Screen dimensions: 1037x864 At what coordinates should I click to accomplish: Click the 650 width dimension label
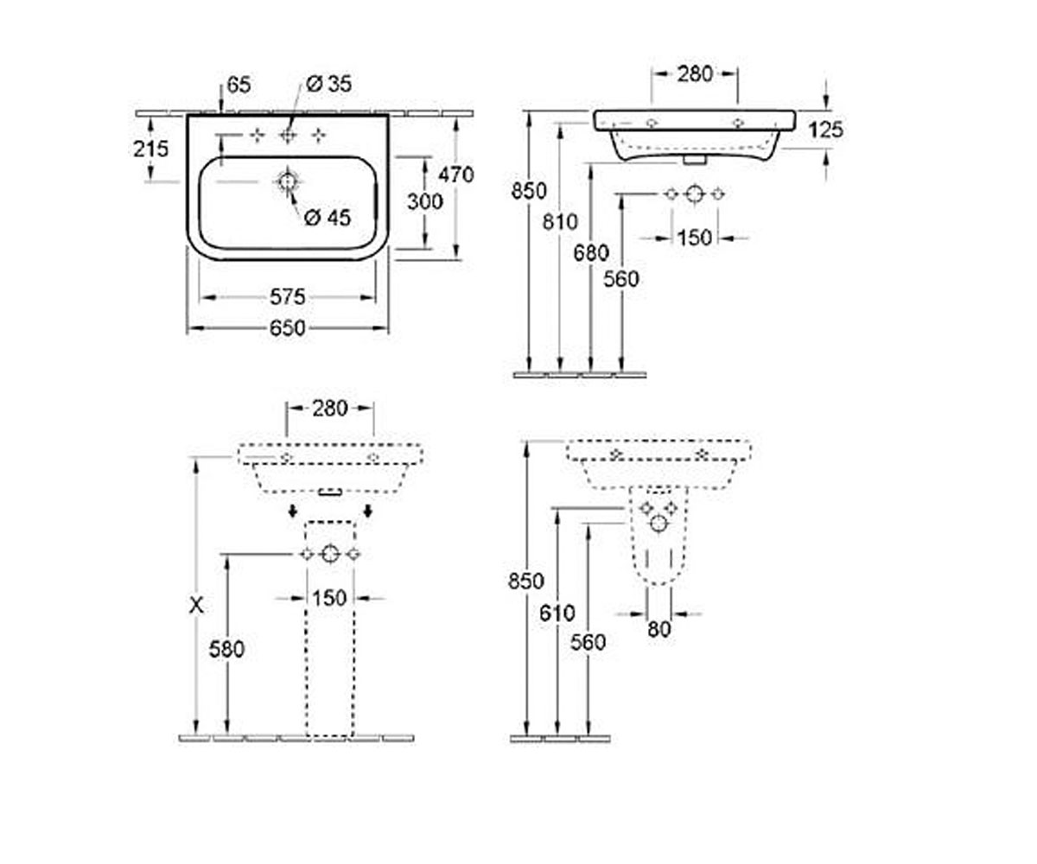pyautogui.click(x=287, y=328)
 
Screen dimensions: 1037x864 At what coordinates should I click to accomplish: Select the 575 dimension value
pyautogui.click(x=287, y=297)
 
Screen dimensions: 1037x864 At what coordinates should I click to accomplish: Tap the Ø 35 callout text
pyautogui.click(x=328, y=84)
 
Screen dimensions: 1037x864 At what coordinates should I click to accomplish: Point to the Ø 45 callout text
pyautogui.click(x=328, y=218)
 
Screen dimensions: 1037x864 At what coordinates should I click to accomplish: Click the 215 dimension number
pyautogui.click(x=151, y=149)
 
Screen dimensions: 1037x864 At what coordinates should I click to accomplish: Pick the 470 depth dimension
pyautogui.click(x=456, y=175)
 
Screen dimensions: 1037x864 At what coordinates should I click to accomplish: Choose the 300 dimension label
pyautogui.click(x=425, y=201)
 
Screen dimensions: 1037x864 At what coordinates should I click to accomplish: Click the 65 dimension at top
pyautogui.click(x=239, y=85)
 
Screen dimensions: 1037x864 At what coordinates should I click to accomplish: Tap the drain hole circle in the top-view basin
pyautogui.click(x=287, y=181)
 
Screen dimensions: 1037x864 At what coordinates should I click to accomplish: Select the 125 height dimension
pyautogui.click(x=825, y=130)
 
